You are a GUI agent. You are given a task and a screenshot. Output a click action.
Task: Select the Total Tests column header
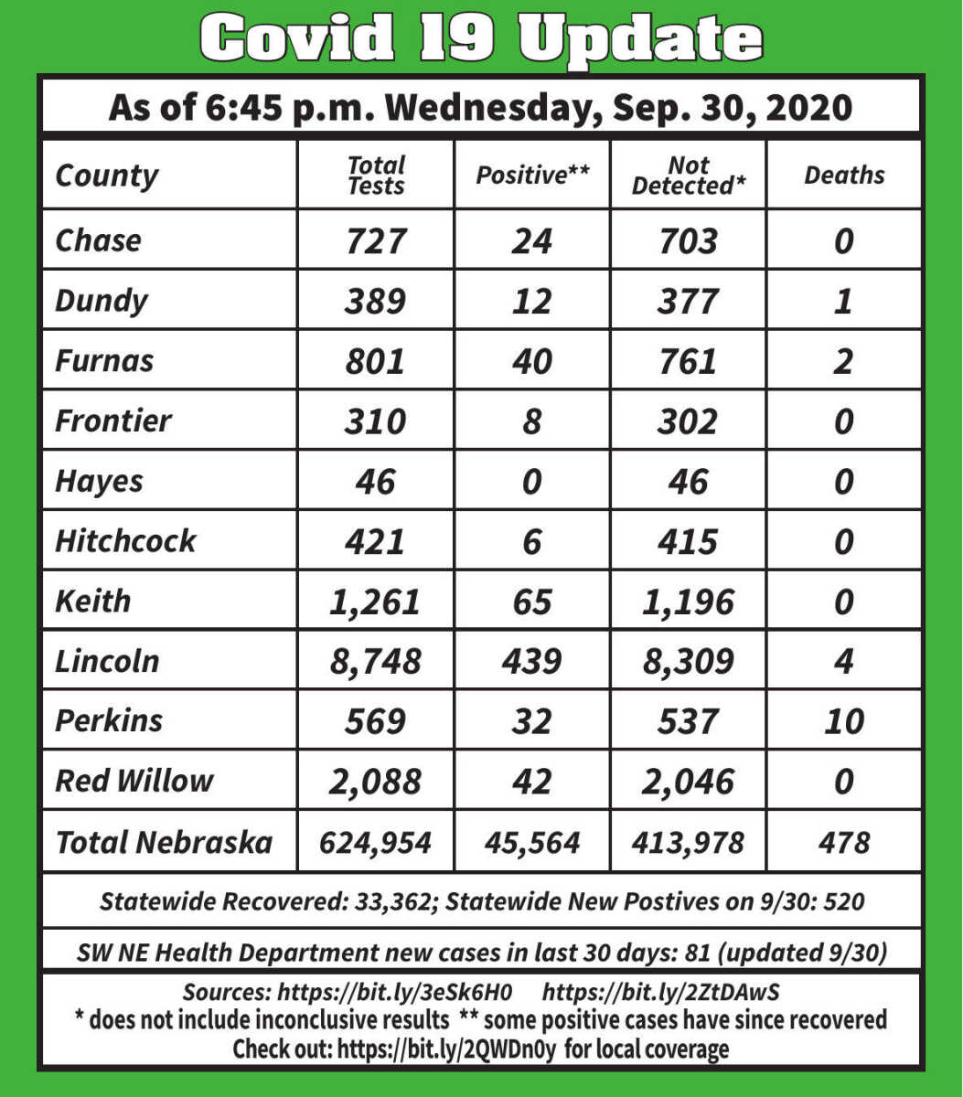click(376, 175)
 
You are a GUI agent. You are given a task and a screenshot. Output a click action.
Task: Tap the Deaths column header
click(844, 175)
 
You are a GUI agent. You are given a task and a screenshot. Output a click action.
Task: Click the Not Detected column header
click(688, 175)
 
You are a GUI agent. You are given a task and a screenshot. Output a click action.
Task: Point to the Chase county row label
click(98, 240)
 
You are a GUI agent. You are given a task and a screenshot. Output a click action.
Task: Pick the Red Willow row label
click(134, 781)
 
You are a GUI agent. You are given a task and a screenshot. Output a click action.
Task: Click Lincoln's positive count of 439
click(531, 661)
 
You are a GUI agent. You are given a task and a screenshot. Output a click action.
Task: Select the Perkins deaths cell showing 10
click(843, 721)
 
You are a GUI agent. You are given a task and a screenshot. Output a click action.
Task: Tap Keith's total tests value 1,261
click(376, 602)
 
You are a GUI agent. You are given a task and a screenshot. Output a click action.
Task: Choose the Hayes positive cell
click(531, 481)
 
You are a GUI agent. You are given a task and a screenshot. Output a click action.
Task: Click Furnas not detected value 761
click(688, 361)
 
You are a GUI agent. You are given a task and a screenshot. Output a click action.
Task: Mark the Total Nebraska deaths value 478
click(843, 842)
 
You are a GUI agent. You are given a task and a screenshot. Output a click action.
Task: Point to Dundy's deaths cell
click(843, 301)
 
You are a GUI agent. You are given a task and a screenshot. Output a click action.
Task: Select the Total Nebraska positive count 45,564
click(531, 842)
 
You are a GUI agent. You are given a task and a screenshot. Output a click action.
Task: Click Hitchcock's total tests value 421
click(376, 541)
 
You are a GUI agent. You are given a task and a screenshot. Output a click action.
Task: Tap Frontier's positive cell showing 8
click(531, 421)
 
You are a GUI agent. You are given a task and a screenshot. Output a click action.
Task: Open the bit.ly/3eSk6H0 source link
click(394, 993)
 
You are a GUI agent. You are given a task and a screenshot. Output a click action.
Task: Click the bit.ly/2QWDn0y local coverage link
click(448, 1048)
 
